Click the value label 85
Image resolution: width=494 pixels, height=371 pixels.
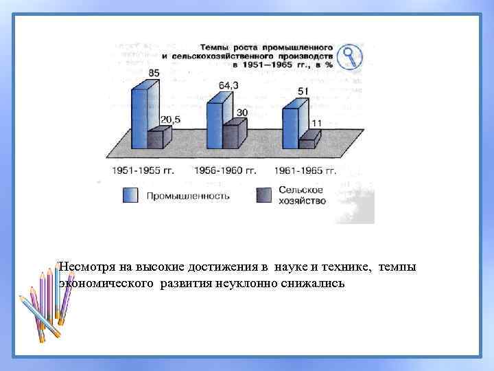pyautogui.click(x=154, y=73)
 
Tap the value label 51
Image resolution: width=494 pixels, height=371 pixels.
pyautogui.click(x=303, y=91)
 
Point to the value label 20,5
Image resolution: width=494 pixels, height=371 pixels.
pyautogui.click(x=169, y=120)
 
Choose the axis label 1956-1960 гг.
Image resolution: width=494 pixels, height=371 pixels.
pyautogui.click(x=226, y=170)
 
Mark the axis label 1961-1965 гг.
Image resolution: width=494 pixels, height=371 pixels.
pyautogui.click(x=304, y=170)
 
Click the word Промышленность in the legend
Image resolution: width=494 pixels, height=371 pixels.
pyautogui.click(x=187, y=196)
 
